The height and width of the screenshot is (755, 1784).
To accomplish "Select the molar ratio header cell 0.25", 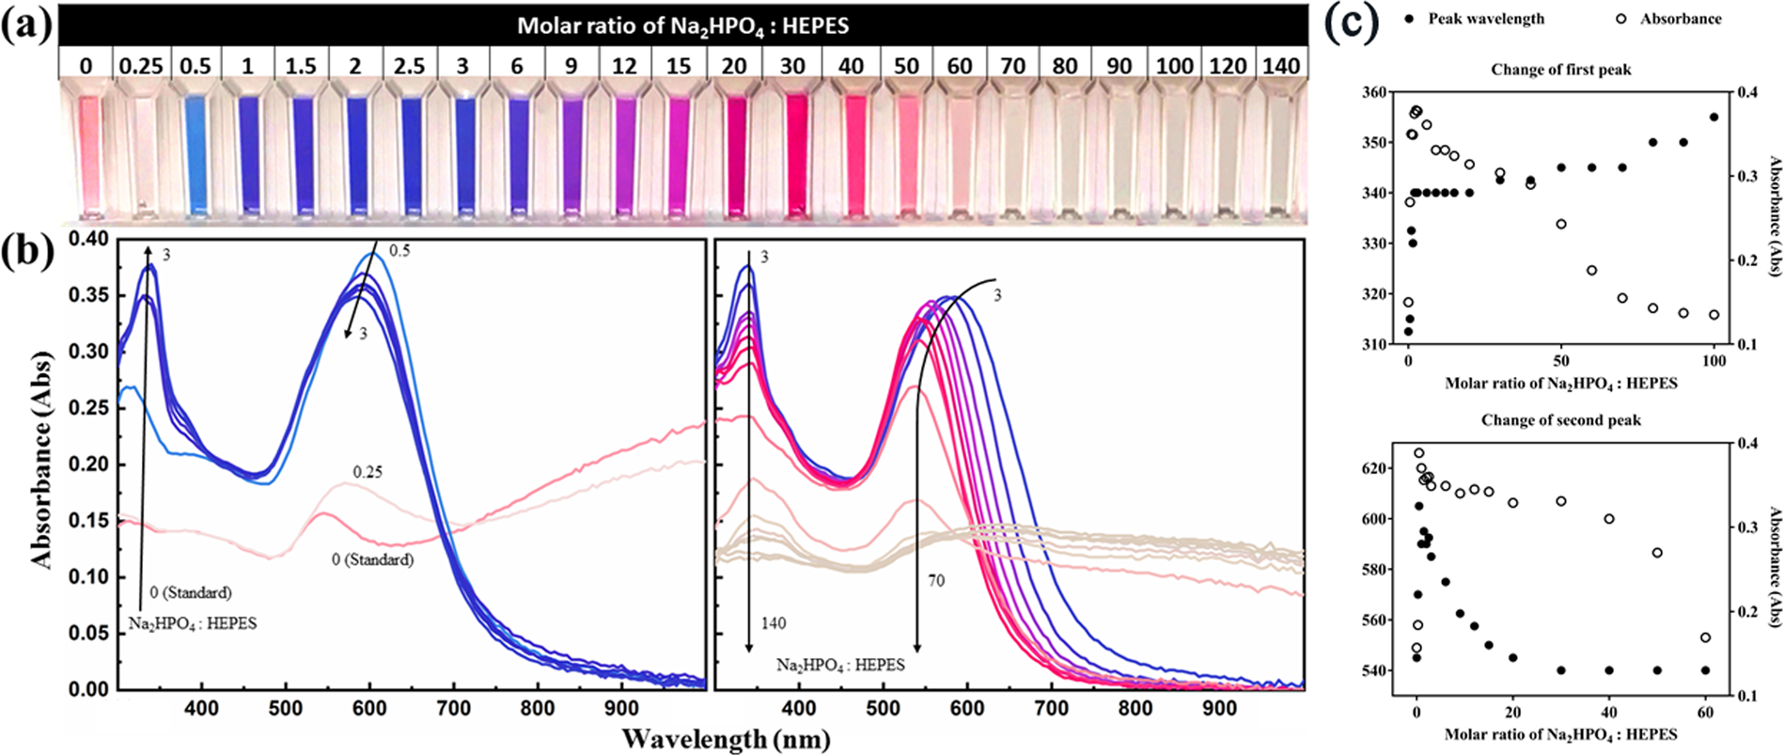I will (x=140, y=67).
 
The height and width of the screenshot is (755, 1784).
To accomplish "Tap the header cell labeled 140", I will (x=1280, y=67).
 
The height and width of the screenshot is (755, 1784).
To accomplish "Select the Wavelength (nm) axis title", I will (x=726, y=738).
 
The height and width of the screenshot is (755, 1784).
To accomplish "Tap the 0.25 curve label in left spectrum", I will (x=368, y=472).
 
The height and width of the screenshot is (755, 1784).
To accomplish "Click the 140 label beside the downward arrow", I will (x=774, y=623).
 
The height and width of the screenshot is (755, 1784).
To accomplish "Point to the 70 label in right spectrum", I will (x=936, y=581).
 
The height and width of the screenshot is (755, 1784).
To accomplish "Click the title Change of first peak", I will (x=1560, y=70).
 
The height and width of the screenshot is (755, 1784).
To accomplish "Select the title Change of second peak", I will (x=1560, y=420).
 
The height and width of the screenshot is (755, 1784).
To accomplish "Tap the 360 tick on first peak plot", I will (x=1374, y=92).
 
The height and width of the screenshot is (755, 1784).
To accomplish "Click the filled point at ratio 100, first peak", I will (x=1714, y=118).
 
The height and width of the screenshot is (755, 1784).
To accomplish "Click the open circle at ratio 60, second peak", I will (x=1705, y=637).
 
